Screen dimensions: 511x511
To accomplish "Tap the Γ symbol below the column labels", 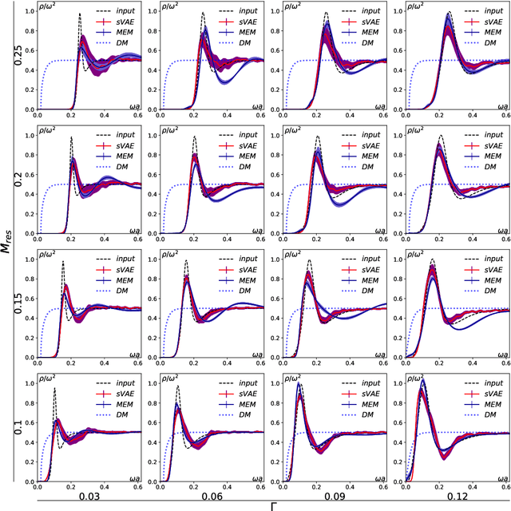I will point(273,506).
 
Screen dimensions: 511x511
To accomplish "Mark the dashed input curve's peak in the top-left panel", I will point(79,14).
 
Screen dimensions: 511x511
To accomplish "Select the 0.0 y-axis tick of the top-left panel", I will point(30,110).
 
